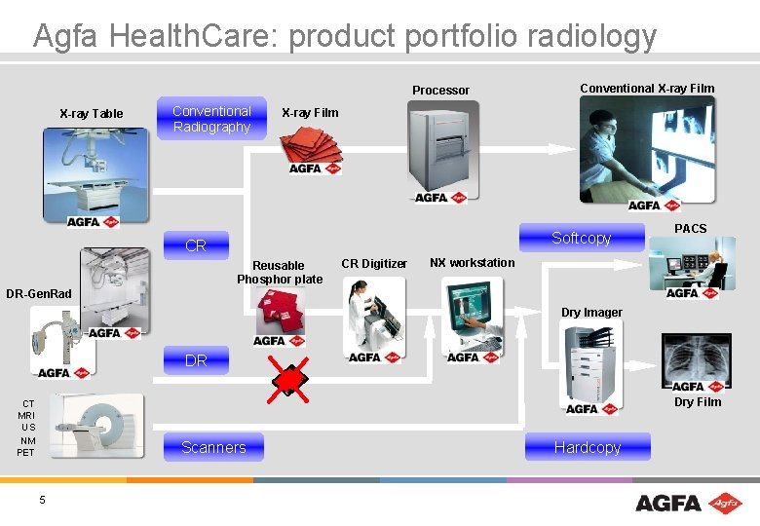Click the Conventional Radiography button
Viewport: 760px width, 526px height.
tap(211, 119)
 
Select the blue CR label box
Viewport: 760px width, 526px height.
tap(196, 245)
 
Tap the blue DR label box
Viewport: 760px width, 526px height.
tap(196, 360)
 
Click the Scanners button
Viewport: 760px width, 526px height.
tap(213, 447)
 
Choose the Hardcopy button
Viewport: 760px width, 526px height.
tap(587, 447)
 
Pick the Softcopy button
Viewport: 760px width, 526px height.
tap(581, 238)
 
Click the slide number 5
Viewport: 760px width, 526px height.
tap(42, 500)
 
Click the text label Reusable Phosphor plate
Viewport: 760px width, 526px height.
tap(279, 272)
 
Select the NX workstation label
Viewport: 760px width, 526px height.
tap(473, 263)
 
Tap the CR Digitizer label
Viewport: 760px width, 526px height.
tap(374, 264)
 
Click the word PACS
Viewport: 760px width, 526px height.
tap(691, 229)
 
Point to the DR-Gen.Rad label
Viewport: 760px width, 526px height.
tap(39, 294)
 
